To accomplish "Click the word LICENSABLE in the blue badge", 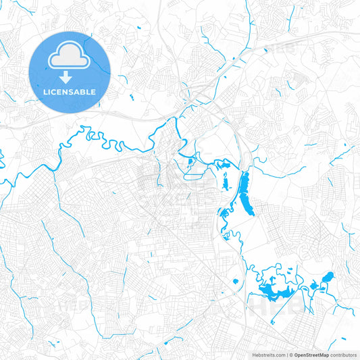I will click(70, 92).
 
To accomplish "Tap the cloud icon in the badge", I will click(70, 55).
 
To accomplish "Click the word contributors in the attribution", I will click(343, 354).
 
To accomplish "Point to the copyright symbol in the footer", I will click(290, 354).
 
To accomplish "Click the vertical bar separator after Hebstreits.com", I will click(286, 354).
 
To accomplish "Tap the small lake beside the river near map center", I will click(190, 161).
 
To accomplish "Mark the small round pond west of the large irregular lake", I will click(235, 281).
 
